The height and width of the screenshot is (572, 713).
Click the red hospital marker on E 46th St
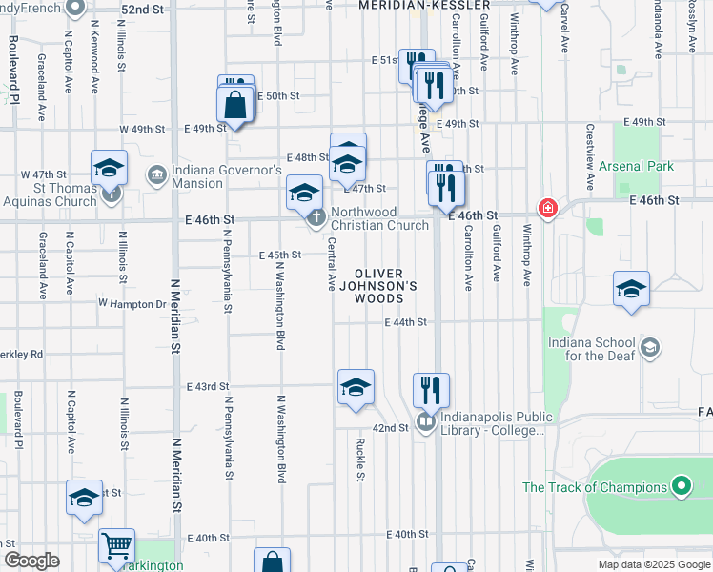point(548,208)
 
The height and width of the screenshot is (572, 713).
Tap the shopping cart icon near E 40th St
point(117,545)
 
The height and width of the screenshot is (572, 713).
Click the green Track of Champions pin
point(681,487)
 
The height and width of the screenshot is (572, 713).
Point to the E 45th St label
point(280,255)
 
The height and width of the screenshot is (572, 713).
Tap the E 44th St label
point(405,322)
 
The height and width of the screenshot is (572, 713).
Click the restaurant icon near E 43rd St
point(431,389)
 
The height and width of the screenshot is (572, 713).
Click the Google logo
point(31,561)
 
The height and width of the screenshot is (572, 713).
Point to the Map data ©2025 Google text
point(653,564)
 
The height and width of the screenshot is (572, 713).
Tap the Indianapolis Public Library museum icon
point(425,419)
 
